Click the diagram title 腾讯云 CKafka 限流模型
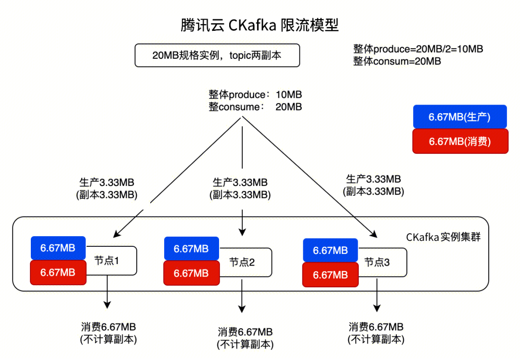[x=260, y=25]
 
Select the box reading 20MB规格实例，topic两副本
[x=217, y=55]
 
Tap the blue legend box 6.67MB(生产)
[x=460, y=117]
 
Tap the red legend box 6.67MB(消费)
[x=460, y=142]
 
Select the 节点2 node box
[x=246, y=262]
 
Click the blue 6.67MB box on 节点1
[x=58, y=248]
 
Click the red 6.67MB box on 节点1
[x=58, y=272]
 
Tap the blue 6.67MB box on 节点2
[x=191, y=249]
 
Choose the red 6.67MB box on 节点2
[x=191, y=273]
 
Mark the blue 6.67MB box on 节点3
[x=330, y=251]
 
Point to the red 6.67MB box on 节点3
[x=330, y=275]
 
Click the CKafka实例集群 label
[x=443, y=237]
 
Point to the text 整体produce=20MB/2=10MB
[x=417, y=49]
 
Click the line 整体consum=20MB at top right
[x=397, y=61]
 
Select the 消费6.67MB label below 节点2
[x=245, y=332]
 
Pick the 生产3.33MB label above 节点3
[x=373, y=179]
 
